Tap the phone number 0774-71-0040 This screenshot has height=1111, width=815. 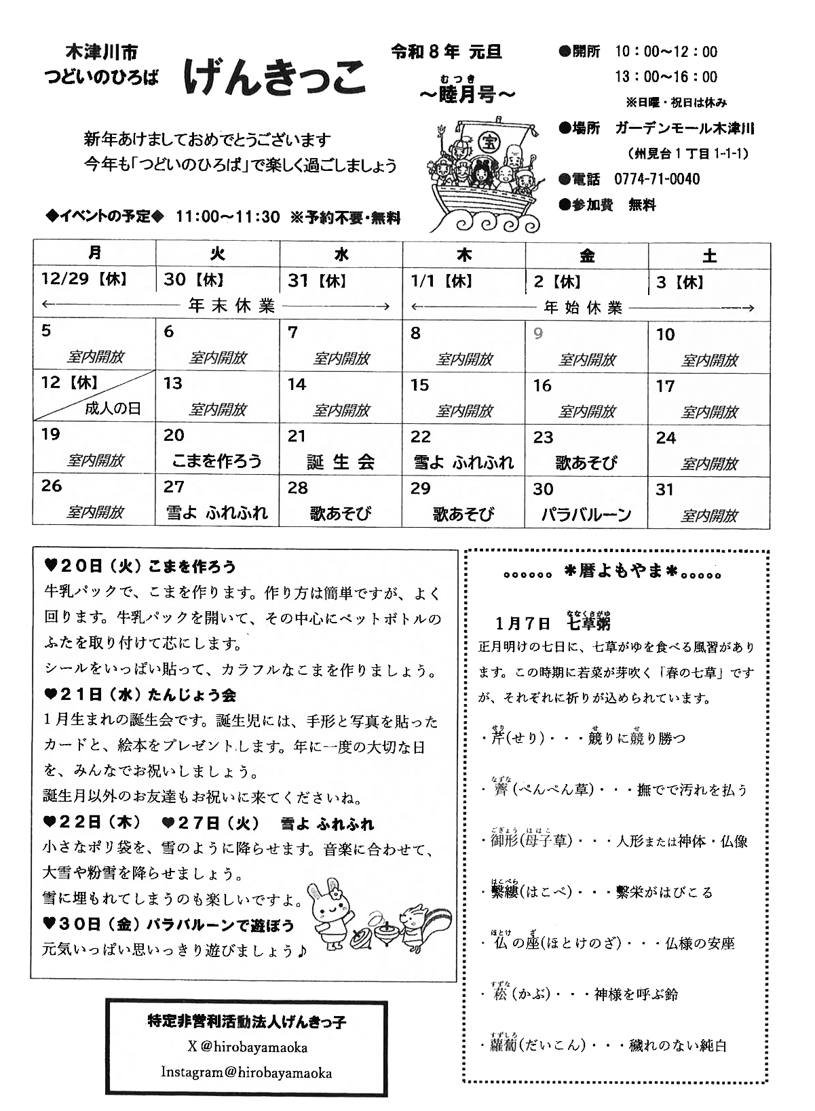657,179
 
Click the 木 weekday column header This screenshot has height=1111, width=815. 464,256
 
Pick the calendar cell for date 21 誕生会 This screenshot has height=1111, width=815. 341,449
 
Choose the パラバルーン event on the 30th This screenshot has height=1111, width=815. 586,514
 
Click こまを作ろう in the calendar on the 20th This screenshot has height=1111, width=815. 217,461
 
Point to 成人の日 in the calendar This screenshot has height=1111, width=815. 113,408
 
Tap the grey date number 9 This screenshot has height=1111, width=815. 538,334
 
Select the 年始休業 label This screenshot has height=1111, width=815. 583,308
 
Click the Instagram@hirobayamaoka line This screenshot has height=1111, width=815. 246,1072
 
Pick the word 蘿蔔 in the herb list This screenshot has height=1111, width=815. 505,1045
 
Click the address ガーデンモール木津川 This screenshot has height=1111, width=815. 685,128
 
